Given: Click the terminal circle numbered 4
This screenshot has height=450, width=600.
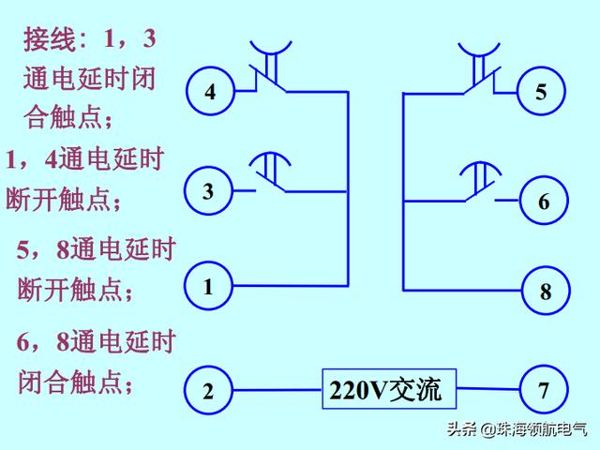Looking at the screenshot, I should pyautogui.click(x=210, y=91).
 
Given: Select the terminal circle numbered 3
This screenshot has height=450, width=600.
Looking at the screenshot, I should pyautogui.click(x=208, y=191).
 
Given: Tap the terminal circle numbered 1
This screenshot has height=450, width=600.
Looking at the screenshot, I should pyautogui.click(x=208, y=286).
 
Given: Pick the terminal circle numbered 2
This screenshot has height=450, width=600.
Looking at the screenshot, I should pyautogui.click(x=208, y=391).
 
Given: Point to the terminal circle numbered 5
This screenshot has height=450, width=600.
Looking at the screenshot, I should pyautogui.click(x=542, y=92).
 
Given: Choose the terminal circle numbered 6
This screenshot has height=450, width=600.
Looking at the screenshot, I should pyautogui.click(x=544, y=201).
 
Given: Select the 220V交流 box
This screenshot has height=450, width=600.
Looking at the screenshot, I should pyautogui.click(x=389, y=389).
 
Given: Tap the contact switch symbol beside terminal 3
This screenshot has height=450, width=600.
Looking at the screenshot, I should pyautogui.click(x=270, y=173).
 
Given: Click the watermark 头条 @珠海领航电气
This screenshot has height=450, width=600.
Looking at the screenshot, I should pyautogui.click(x=517, y=430).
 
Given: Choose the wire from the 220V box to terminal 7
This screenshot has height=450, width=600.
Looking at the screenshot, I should pyautogui.click(x=487, y=390).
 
